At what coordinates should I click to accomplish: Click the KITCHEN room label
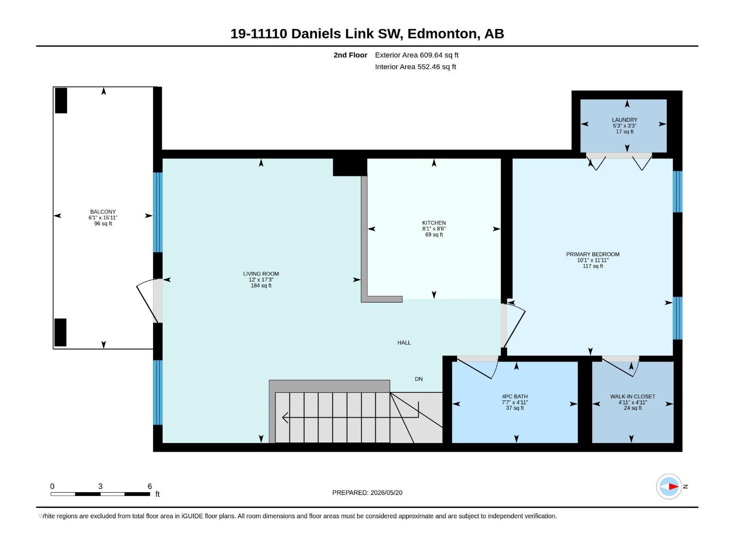(434, 223)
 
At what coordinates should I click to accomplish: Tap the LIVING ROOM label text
(261, 274)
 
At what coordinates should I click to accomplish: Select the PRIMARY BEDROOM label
(592, 254)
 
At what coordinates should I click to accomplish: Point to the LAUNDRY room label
(624, 120)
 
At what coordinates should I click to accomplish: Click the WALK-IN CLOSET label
(633, 397)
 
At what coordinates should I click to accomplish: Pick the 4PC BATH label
(514, 397)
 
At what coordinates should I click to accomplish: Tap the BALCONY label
(103, 212)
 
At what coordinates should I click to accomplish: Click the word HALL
(404, 343)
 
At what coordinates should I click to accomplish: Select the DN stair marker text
(418, 379)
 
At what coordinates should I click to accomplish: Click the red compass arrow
(673, 486)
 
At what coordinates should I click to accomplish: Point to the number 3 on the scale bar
(100, 486)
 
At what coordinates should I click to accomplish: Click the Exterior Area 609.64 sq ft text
(417, 55)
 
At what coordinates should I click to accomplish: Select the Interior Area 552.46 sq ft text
(415, 67)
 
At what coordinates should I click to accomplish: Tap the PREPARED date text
(367, 493)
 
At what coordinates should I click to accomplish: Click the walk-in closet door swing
(621, 367)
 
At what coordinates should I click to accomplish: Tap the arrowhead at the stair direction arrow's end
(285, 418)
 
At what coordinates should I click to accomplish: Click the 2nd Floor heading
(350, 55)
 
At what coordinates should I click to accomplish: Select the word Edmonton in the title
(442, 34)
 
